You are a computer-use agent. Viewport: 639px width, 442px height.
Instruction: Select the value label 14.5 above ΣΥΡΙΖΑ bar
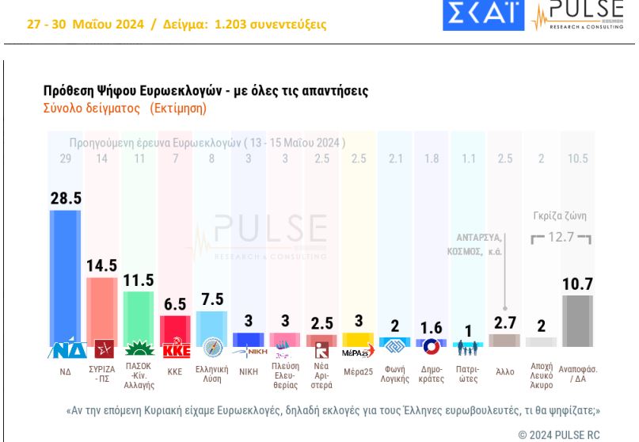101,265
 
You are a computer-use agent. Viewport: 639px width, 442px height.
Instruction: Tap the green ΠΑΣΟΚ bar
139,317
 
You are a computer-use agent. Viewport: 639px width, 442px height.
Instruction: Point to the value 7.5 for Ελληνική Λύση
211,299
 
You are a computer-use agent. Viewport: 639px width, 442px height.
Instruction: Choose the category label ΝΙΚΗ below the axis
248,371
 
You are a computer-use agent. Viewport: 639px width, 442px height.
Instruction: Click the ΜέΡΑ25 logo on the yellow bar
358,352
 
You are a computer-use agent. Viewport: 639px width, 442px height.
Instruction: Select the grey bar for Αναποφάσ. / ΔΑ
577,325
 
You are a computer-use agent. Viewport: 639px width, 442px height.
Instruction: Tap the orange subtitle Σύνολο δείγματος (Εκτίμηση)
124,109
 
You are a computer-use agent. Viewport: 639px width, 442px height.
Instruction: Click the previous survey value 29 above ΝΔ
65,158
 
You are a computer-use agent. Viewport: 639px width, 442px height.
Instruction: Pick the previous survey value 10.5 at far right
577,158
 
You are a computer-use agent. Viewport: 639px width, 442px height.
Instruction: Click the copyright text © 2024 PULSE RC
559,434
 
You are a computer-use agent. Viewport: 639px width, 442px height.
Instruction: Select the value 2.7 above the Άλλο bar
504,322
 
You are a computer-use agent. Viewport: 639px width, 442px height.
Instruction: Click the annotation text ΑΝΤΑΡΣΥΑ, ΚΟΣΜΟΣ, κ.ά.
480,243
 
